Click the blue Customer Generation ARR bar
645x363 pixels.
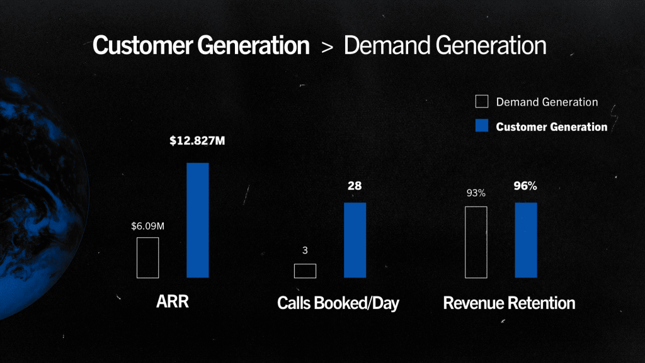coord(198,220)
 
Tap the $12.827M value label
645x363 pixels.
coord(197,141)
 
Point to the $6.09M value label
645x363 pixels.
coord(147,226)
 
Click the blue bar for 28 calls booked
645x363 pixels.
coord(355,240)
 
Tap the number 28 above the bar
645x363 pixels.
coord(355,186)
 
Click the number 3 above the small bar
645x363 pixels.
coord(305,250)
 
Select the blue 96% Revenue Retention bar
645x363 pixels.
coord(526,240)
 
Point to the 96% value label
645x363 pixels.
coord(525,186)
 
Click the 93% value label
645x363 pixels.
coord(476,193)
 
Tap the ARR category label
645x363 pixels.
coord(173,301)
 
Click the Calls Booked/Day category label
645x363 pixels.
coord(338,303)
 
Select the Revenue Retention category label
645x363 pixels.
coord(509,303)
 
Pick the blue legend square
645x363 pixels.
coord(482,126)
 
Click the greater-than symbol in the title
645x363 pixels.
coord(327,47)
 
